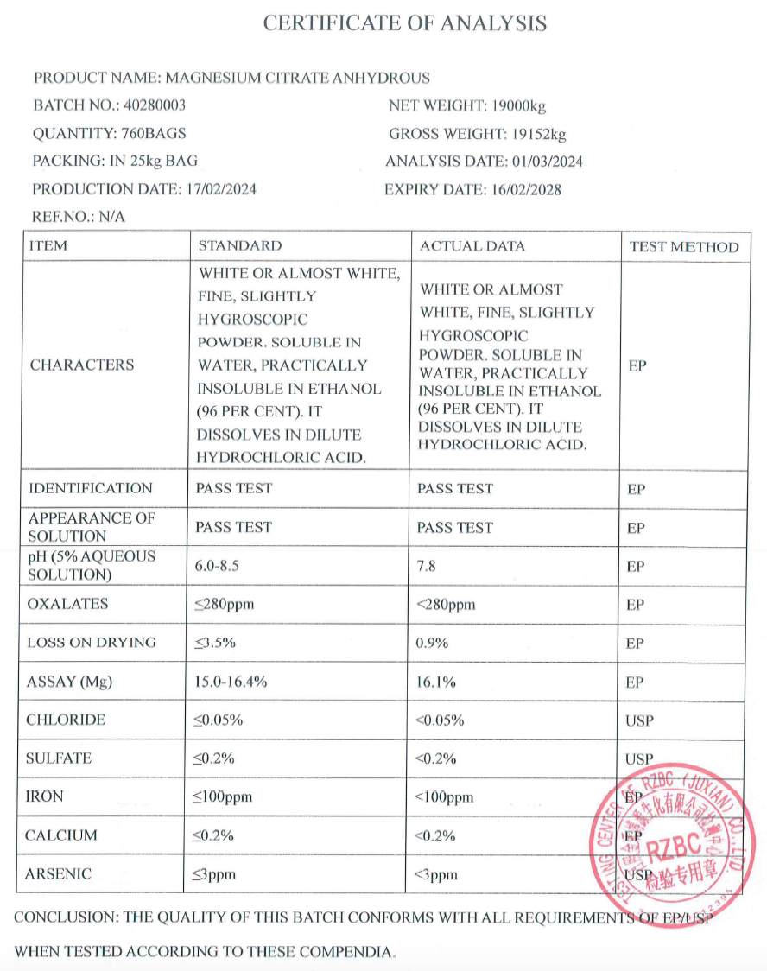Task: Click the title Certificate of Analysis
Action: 404,23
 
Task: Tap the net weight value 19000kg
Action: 518,106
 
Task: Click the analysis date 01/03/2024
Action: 548,162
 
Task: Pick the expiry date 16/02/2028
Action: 524,189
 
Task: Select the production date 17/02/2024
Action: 221,189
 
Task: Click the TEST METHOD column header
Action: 684,247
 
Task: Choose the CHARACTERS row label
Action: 82,365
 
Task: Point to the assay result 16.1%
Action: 437,682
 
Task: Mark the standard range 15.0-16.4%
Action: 231,682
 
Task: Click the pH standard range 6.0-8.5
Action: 222,566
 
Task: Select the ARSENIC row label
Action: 58,874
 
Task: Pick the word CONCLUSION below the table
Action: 65,917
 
